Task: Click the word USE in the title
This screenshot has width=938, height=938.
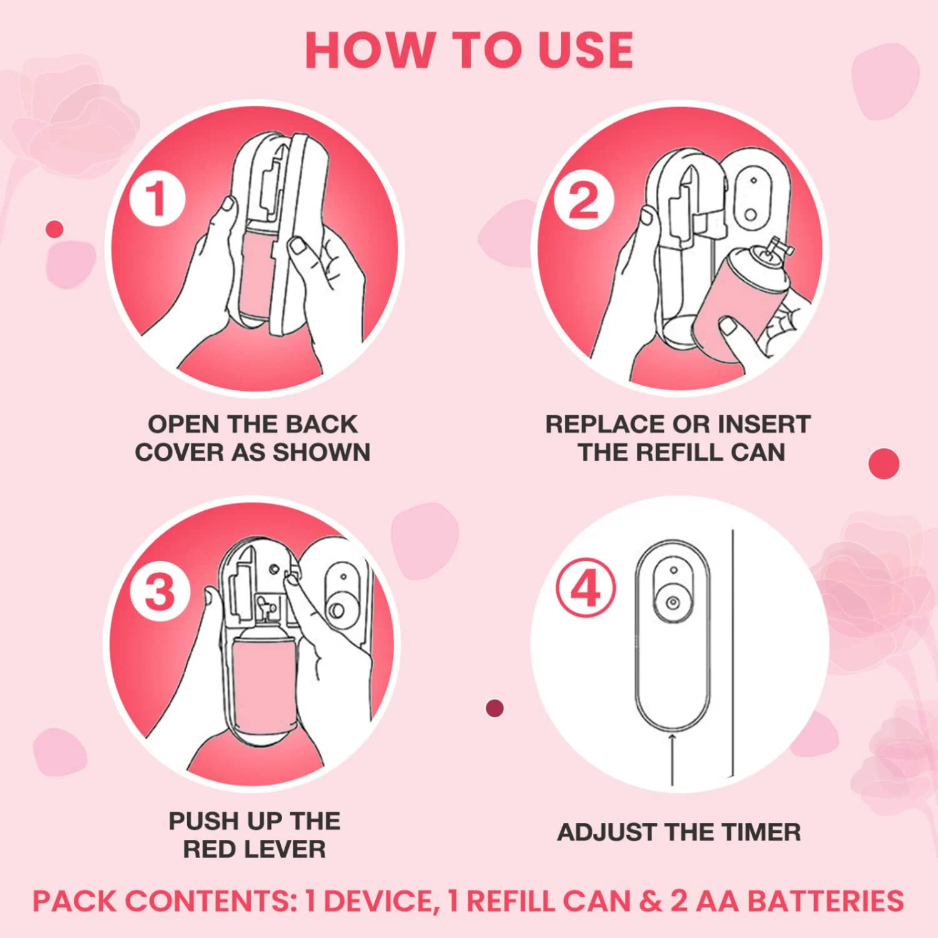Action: (585, 50)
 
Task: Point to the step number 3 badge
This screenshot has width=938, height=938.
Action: (160, 592)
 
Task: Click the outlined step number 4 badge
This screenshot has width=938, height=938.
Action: (586, 588)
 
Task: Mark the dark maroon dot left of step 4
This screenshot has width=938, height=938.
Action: (495, 709)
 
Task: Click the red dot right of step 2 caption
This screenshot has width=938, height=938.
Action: (884, 464)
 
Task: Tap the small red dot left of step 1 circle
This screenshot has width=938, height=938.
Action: (54, 229)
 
